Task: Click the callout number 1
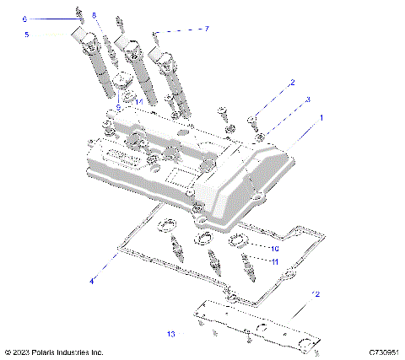click(x=320, y=120)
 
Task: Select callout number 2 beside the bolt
click(x=292, y=83)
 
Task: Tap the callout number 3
click(x=307, y=99)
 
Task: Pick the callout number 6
click(x=24, y=19)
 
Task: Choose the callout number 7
click(x=205, y=29)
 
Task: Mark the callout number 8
click(x=94, y=15)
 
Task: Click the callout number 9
click(x=119, y=108)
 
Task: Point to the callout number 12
click(x=316, y=294)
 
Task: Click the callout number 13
click(x=170, y=334)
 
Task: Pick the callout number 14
click(x=139, y=101)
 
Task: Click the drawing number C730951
click(x=383, y=352)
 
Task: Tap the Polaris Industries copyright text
click(x=54, y=352)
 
